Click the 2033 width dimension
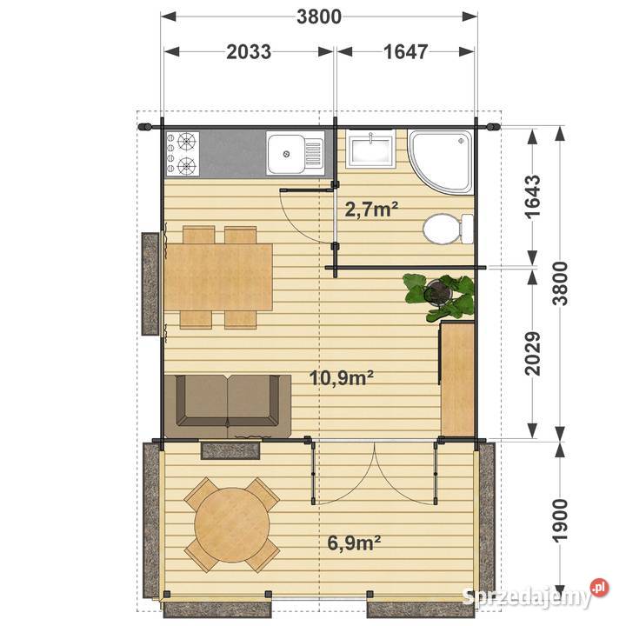point(249,52)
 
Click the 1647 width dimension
point(406,52)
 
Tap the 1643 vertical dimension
point(533,196)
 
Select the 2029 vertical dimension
point(533,353)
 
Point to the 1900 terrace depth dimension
point(560,520)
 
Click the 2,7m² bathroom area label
point(371,209)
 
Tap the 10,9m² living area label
point(342,377)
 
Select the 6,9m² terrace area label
point(354,543)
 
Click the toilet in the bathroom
point(448,230)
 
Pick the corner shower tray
point(441,161)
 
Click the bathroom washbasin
point(370,150)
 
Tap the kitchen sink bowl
point(285,154)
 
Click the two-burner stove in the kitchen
point(183,154)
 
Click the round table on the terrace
point(232,524)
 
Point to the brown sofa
point(228,406)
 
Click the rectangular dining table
point(218,277)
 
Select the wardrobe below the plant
point(456,377)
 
